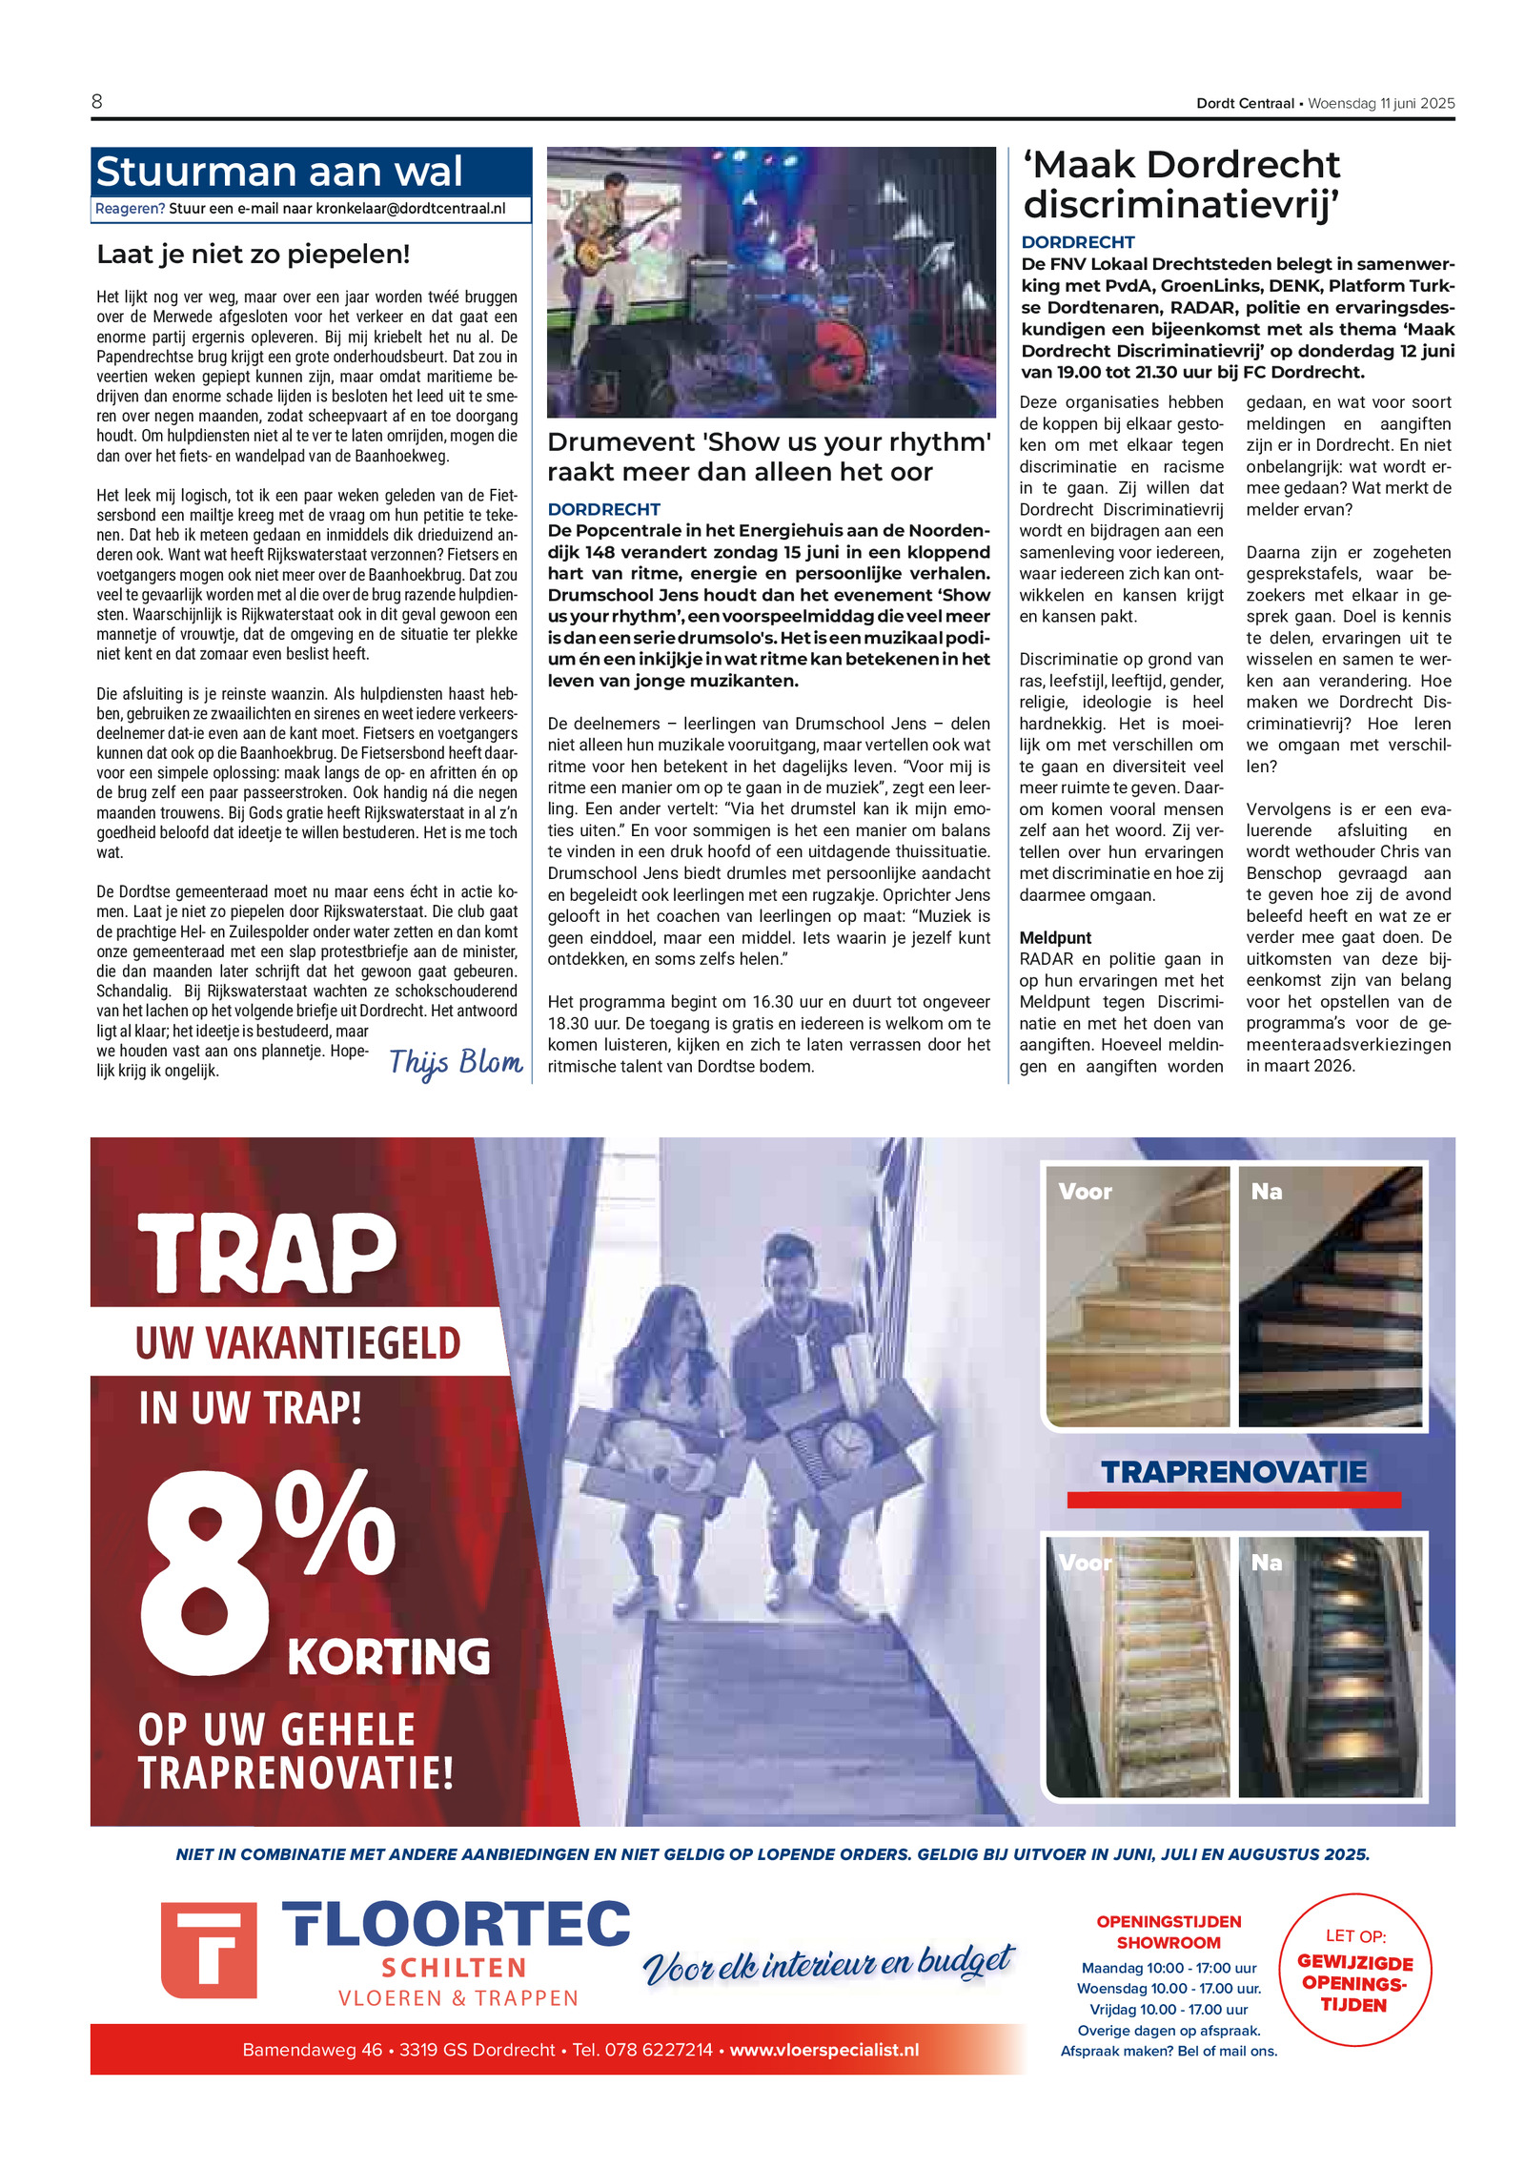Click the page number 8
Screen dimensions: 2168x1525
(97, 102)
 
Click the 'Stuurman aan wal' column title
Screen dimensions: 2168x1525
(278, 172)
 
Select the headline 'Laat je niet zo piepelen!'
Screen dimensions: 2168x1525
(254, 255)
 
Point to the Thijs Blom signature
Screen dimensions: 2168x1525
(456, 1062)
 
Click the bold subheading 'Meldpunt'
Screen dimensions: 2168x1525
(1055, 937)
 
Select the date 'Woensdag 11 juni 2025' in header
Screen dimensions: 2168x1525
(1380, 103)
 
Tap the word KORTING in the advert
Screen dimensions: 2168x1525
(389, 1656)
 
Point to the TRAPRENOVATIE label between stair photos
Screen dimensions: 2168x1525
(1233, 1472)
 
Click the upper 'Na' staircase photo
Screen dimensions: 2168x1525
(1330, 1297)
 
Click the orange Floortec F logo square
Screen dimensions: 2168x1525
(209, 1951)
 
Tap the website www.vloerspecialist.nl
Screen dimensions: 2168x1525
(824, 2050)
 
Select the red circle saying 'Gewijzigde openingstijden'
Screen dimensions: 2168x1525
(1353, 1970)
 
